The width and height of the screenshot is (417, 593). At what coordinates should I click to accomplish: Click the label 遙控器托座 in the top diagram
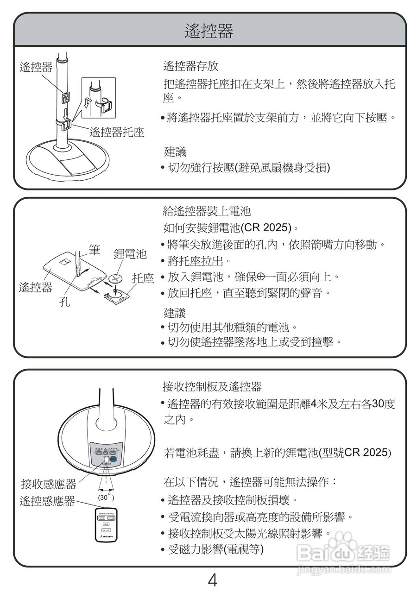(117, 132)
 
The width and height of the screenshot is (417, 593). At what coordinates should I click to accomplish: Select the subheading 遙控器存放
(190, 66)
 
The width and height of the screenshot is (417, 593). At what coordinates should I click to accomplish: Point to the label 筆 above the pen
(95, 251)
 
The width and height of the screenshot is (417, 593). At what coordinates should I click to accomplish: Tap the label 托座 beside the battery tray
(143, 278)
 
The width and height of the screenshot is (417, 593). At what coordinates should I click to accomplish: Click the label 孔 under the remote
(64, 303)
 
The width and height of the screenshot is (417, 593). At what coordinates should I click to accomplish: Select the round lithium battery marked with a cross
(117, 279)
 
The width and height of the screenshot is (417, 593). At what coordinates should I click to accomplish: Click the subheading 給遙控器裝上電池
(207, 212)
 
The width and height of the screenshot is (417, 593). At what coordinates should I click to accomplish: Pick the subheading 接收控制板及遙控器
(212, 386)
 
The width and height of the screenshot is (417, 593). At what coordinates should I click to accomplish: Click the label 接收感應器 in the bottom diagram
(49, 485)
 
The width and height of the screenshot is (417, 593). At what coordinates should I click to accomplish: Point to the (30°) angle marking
(106, 497)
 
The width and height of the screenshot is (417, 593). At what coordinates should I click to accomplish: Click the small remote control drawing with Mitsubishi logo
(106, 526)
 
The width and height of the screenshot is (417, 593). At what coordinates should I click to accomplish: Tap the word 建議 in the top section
(175, 151)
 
